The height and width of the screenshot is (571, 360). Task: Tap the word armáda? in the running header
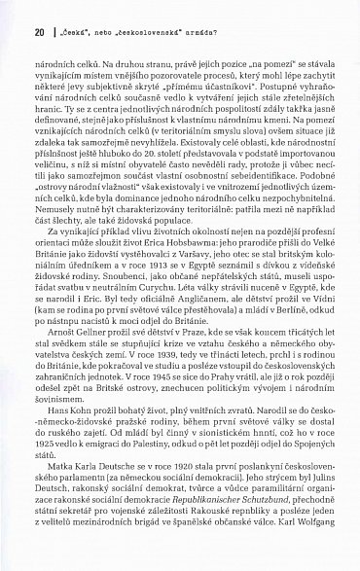pyautogui.click(x=194, y=30)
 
